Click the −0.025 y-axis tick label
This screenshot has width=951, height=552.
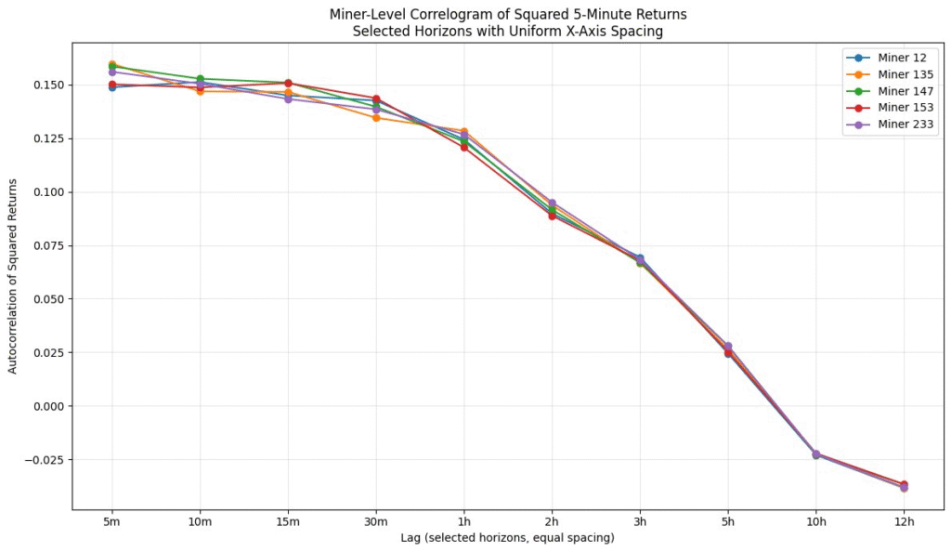coord(43,460)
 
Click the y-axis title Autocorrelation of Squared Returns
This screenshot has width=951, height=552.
coord(13,277)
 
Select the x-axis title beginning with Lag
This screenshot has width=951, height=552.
coord(508,538)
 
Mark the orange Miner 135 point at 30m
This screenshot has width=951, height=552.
coord(376,118)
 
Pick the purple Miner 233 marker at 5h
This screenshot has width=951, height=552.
coord(727,346)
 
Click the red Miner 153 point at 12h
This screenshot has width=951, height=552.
coord(904,484)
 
